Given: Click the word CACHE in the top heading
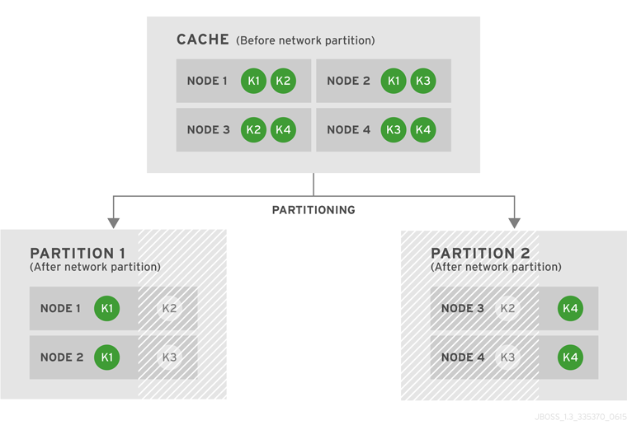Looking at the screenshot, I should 203,40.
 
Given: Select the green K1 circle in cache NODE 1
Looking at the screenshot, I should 254,81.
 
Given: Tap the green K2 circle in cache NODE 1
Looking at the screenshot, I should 283,81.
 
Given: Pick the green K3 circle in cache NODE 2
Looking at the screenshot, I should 422,81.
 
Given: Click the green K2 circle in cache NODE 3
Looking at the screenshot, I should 254,129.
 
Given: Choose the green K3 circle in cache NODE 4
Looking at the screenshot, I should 394,129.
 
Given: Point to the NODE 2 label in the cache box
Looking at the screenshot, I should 348,81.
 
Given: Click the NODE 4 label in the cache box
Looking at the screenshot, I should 348,129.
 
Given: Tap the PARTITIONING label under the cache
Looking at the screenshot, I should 313,210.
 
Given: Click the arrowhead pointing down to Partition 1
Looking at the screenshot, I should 114,222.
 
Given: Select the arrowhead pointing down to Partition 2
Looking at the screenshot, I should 514,222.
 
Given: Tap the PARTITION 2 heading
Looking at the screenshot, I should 480,253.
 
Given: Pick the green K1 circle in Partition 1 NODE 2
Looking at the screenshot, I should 107,357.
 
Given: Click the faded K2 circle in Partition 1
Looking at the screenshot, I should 169,309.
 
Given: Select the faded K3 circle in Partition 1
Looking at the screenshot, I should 169,357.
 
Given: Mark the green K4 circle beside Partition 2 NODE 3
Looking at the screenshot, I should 570,309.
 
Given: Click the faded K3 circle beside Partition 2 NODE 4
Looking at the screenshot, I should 508,357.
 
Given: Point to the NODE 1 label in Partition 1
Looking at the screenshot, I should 61,309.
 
